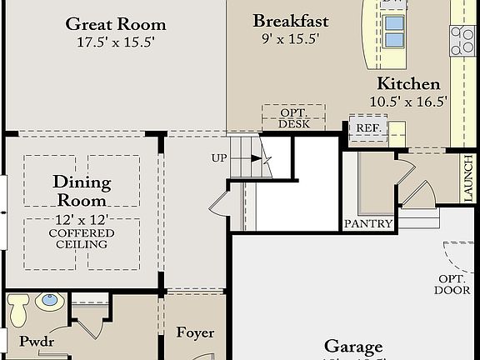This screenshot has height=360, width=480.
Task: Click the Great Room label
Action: pyautogui.click(x=116, y=24)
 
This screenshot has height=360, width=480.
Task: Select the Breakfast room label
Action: pyautogui.click(x=291, y=21)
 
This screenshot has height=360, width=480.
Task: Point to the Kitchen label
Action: pyautogui.click(x=408, y=83)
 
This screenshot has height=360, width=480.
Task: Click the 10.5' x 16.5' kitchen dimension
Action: pyautogui.click(x=408, y=101)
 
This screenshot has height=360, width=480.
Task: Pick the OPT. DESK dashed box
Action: pyautogui.click(x=293, y=117)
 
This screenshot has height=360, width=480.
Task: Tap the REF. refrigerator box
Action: pyautogui.click(x=368, y=128)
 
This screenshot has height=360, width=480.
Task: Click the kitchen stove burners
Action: pyautogui.click(x=462, y=40)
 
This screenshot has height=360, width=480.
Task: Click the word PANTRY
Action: pyautogui.click(x=368, y=223)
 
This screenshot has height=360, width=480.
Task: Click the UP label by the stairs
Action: pyautogui.click(x=219, y=157)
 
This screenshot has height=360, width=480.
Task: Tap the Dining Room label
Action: pyautogui.click(x=82, y=190)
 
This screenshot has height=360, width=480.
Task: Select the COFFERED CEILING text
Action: pyautogui.click(x=82, y=238)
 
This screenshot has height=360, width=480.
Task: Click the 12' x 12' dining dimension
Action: pyautogui.click(x=82, y=218)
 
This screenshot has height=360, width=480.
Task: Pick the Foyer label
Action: pyautogui.click(x=195, y=332)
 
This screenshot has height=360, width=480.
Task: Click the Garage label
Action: pyautogui.click(x=352, y=347)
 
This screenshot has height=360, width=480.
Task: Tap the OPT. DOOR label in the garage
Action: pyautogui.click(x=452, y=284)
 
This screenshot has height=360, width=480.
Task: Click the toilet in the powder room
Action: pyautogui.click(x=18, y=311)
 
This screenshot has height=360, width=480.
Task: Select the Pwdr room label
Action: pyautogui.click(x=36, y=341)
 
